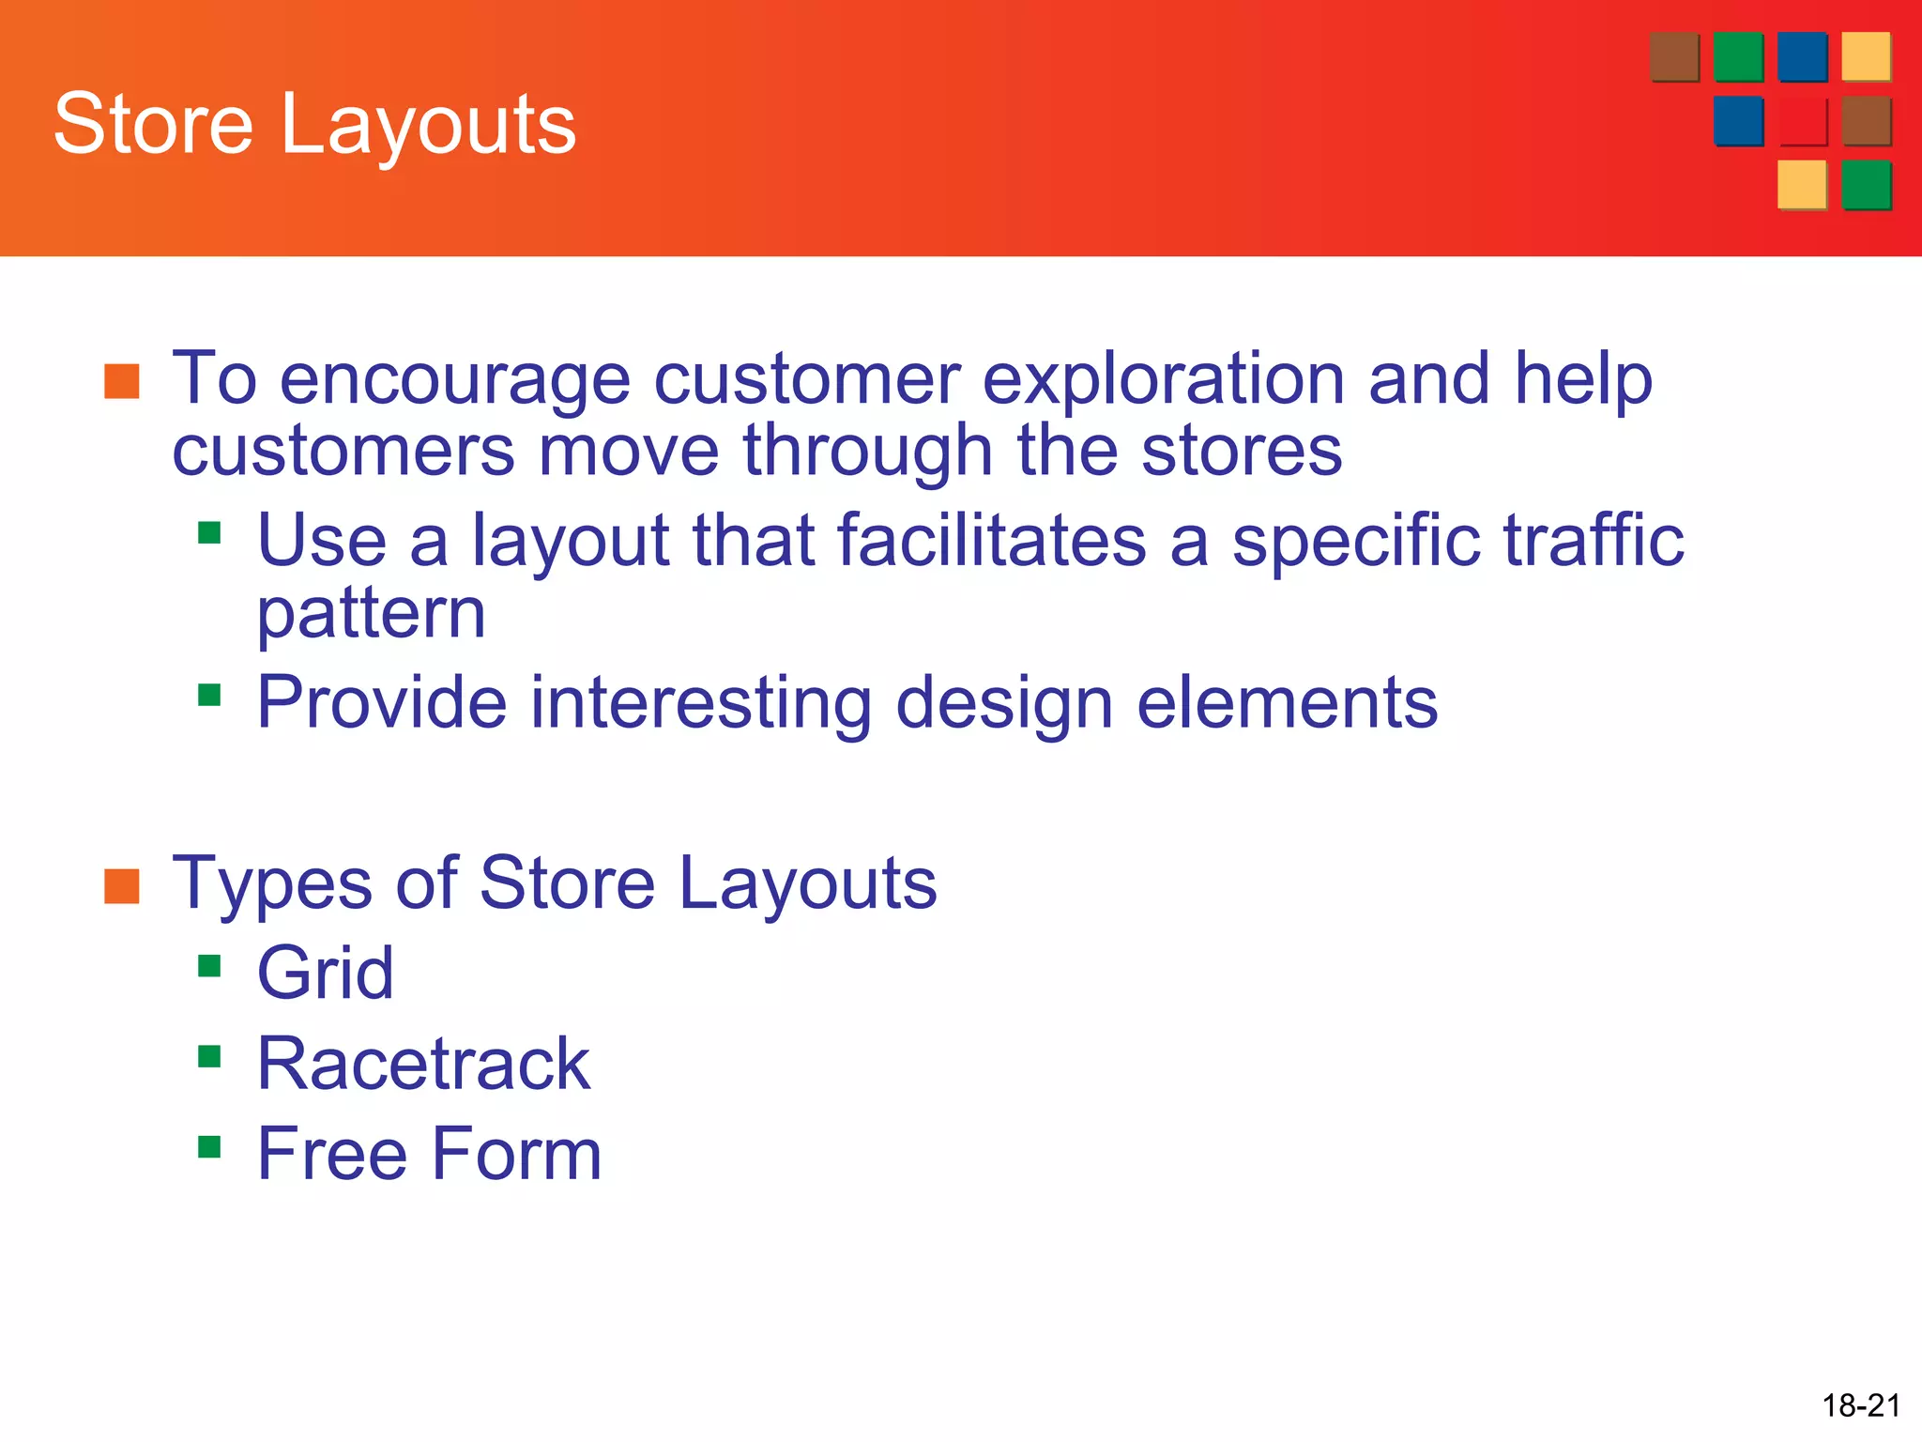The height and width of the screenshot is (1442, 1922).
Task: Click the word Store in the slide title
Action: point(153,124)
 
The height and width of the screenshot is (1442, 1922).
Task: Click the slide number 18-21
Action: point(1860,1405)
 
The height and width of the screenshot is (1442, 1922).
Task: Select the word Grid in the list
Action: point(326,974)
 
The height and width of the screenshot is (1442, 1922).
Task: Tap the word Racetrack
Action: point(423,1064)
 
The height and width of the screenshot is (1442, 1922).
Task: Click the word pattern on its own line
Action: point(372,616)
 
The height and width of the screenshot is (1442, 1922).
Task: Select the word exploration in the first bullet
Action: point(1162,380)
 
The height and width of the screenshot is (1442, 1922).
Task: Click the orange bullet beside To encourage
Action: point(122,381)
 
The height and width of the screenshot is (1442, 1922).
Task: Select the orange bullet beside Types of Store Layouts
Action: point(122,886)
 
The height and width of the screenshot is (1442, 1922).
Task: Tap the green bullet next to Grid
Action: point(209,966)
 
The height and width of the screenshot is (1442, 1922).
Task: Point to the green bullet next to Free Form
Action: point(209,1146)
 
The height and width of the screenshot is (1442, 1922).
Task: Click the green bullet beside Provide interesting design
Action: point(209,695)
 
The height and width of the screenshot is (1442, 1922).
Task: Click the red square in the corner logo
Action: point(1801,121)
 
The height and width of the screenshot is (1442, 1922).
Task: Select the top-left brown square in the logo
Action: point(1673,57)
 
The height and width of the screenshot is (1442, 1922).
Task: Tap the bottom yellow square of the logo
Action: point(1801,184)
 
